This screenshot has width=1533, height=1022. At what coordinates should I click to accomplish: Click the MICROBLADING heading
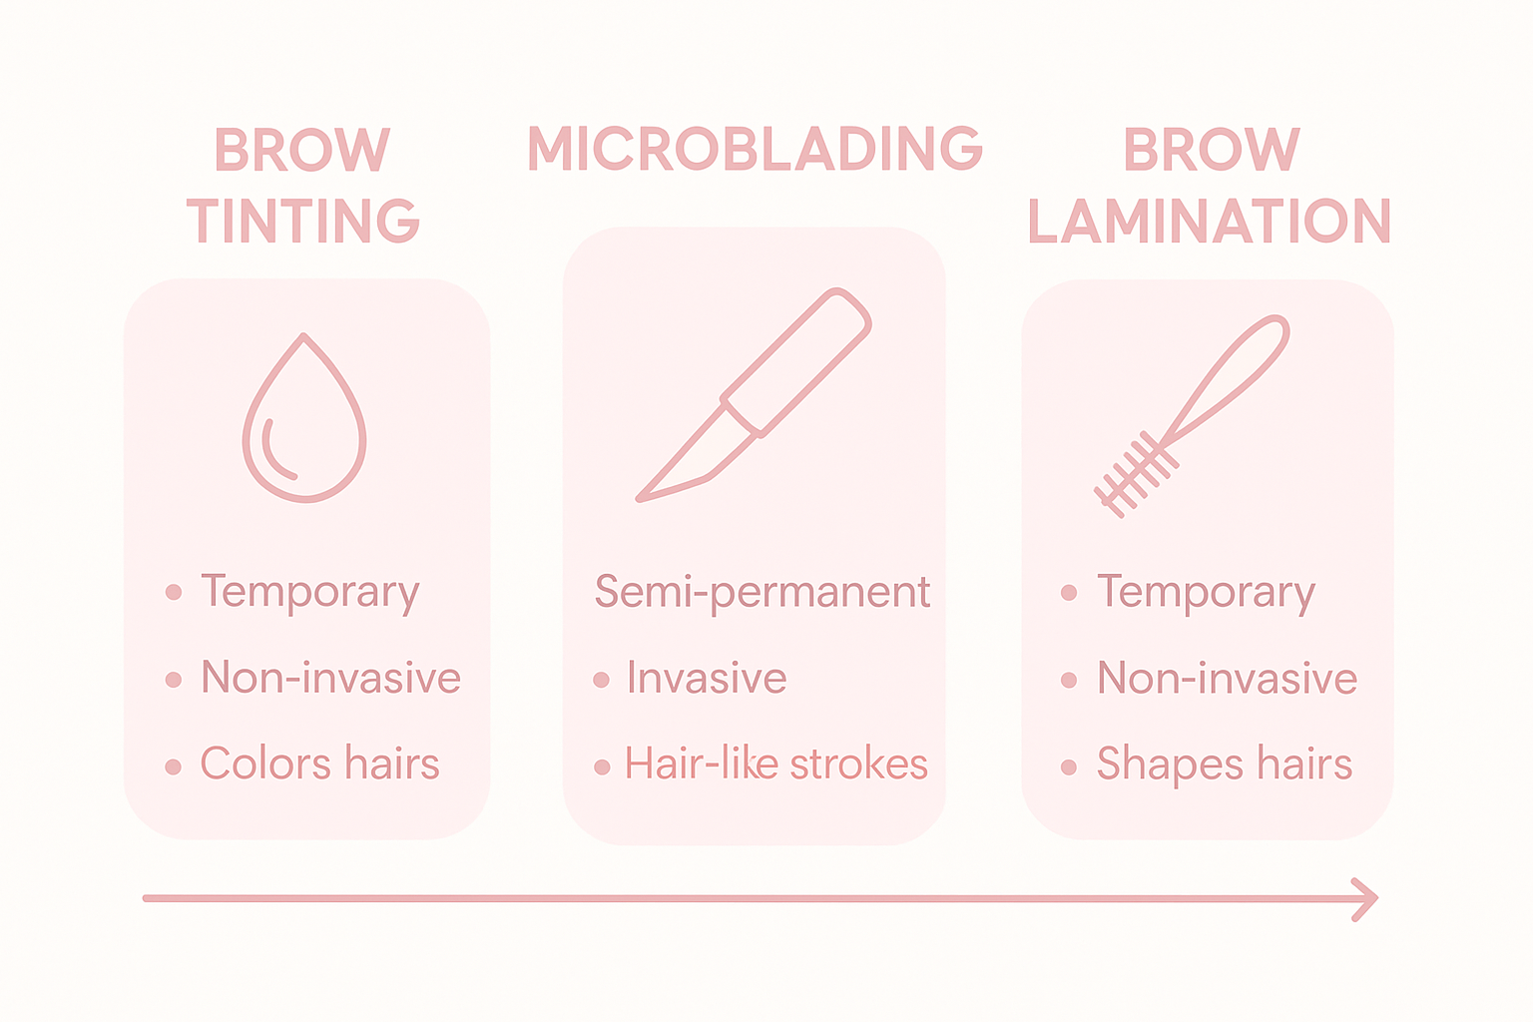tap(755, 150)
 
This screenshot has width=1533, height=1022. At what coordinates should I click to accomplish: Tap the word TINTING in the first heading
tap(303, 221)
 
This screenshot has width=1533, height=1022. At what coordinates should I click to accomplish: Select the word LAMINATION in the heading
tap(1209, 221)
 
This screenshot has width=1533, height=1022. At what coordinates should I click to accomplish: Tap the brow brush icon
tap(1194, 413)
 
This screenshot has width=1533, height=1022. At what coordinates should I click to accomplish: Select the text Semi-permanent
tap(763, 592)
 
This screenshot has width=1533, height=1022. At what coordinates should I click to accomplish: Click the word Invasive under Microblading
tap(707, 679)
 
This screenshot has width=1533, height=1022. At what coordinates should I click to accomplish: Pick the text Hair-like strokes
tap(776, 765)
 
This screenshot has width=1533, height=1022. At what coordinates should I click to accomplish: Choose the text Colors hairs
tap(319, 765)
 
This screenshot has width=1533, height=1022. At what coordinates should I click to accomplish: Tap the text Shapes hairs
tap(1224, 765)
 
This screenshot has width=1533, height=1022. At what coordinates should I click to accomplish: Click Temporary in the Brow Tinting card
tap(309, 593)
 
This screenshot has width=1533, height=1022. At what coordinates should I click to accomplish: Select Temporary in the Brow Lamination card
tap(1206, 593)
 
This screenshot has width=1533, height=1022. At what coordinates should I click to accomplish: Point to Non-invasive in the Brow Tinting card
tap(330, 679)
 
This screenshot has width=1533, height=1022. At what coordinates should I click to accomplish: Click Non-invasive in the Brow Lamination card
tap(1227, 679)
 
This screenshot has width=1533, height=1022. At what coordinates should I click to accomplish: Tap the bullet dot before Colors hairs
tap(174, 766)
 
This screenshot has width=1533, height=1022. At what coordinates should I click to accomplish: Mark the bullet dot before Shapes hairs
tap(1069, 766)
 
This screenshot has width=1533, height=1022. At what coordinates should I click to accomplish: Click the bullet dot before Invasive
tap(601, 681)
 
